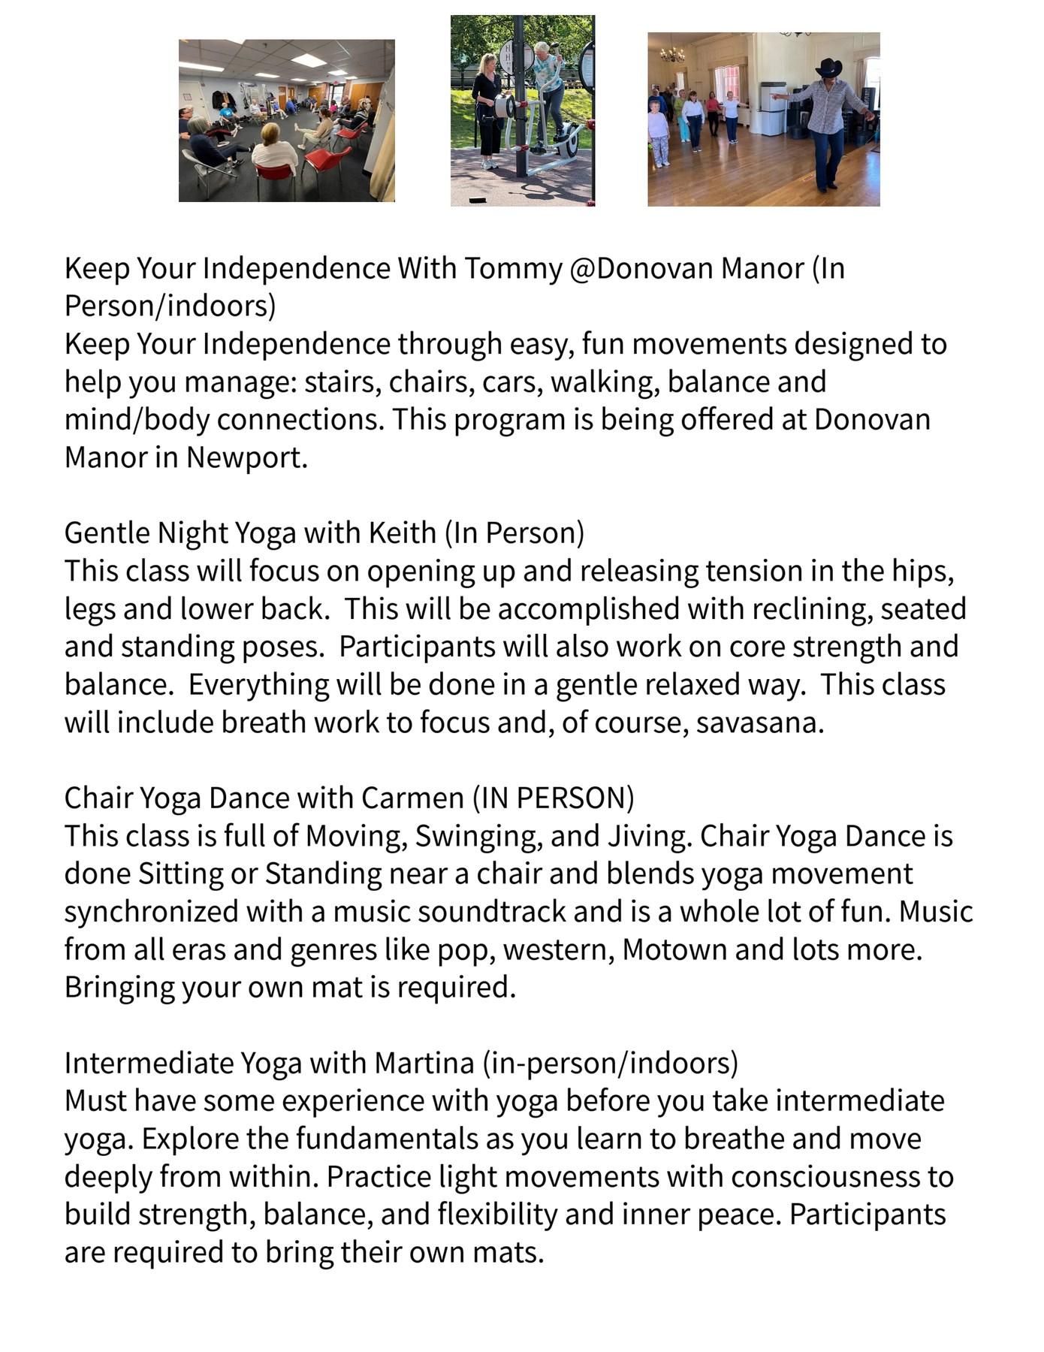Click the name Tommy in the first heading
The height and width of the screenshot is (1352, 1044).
pyautogui.click(x=512, y=268)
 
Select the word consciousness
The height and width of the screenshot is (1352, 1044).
pyautogui.click(x=842, y=1176)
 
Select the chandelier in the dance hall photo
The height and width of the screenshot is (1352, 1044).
pyautogui.click(x=671, y=54)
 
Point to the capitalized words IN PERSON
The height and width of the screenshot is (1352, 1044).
pyautogui.click(x=553, y=798)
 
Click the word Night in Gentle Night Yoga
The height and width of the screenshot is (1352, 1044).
pyautogui.click(x=193, y=533)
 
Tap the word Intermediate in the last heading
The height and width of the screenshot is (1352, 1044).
pyautogui.click(x=149, y=1063)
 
